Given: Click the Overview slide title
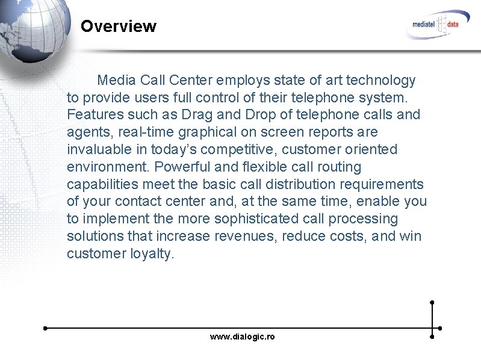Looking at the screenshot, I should (118, 26).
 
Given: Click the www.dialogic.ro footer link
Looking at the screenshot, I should (242, 337).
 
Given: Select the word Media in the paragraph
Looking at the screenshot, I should (117, 80).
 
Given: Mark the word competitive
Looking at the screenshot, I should (239, 149).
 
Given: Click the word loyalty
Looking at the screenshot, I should (152, 253).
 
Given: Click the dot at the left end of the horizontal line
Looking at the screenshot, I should (45, 328).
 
